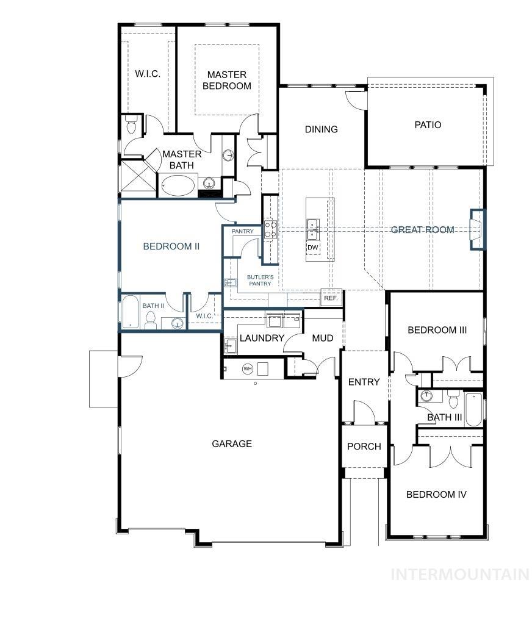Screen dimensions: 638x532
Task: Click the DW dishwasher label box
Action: (313, 248)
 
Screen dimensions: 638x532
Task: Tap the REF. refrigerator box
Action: (331, 298)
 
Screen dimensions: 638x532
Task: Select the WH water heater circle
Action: (248, 368)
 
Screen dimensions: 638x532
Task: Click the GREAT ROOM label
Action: (422, 230)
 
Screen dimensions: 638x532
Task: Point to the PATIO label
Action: (428, 125)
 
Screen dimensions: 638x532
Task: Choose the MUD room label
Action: (322, 338)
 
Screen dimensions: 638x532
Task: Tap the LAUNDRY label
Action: (262, 338)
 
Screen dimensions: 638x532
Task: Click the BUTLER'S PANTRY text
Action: (260, 280)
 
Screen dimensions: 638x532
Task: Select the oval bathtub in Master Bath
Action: (178, 184)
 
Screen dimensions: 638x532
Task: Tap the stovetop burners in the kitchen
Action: (269, 229)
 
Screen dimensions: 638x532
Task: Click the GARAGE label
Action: (232, 444)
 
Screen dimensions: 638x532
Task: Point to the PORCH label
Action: (364, 446)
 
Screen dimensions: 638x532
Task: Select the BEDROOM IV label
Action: (436, 495)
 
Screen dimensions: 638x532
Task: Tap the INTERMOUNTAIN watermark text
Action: (459, 574)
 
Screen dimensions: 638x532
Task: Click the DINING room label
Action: (322, 129)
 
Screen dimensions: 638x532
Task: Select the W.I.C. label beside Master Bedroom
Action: (147, 74)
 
